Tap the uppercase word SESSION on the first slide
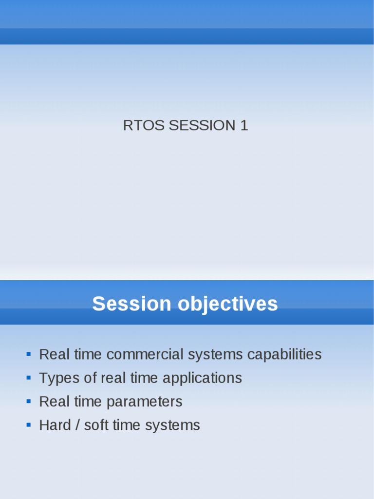tap(202, 125)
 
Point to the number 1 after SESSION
tap(244, 125)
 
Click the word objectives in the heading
tap(228, 305)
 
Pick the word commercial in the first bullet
tap(145, 354)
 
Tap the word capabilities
tap(284, 354)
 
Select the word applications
tap(202, 378)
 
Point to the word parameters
tap(144, 402)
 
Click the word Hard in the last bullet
tap(55, 425)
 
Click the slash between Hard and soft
tap(77, 425)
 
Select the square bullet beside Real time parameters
tap(29, 402)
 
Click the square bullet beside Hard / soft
tap(29, 425)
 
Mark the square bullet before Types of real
tap(29, 378)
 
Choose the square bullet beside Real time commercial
tap(29, 354)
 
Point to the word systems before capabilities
tap(215, 355)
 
